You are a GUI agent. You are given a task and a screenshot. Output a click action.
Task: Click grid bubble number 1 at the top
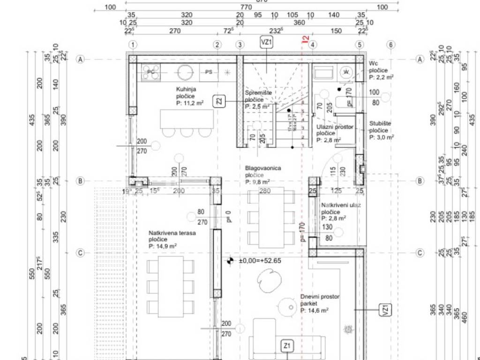(134, 45)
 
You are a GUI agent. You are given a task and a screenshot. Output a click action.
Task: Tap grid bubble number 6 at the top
(390, 45)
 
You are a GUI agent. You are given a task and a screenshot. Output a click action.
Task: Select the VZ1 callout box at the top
(267, 43)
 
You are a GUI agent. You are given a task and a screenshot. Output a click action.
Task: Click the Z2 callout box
(219, 101)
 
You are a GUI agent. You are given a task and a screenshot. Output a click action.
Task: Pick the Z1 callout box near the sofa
(287, 346)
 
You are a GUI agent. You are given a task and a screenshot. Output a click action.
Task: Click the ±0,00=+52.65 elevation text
(260, 261)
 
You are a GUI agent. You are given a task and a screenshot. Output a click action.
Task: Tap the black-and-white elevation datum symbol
(230, 261)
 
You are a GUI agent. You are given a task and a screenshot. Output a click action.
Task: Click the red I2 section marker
(305, 40)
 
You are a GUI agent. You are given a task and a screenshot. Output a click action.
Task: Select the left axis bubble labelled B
(80, 181)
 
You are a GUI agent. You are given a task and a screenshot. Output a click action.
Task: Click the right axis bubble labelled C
(420, 253)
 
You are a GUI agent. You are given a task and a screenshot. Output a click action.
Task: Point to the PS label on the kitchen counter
(209, 72)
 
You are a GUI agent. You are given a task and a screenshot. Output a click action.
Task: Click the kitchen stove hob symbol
(151, 72)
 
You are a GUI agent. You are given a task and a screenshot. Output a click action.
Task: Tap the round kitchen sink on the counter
(184, 72)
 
